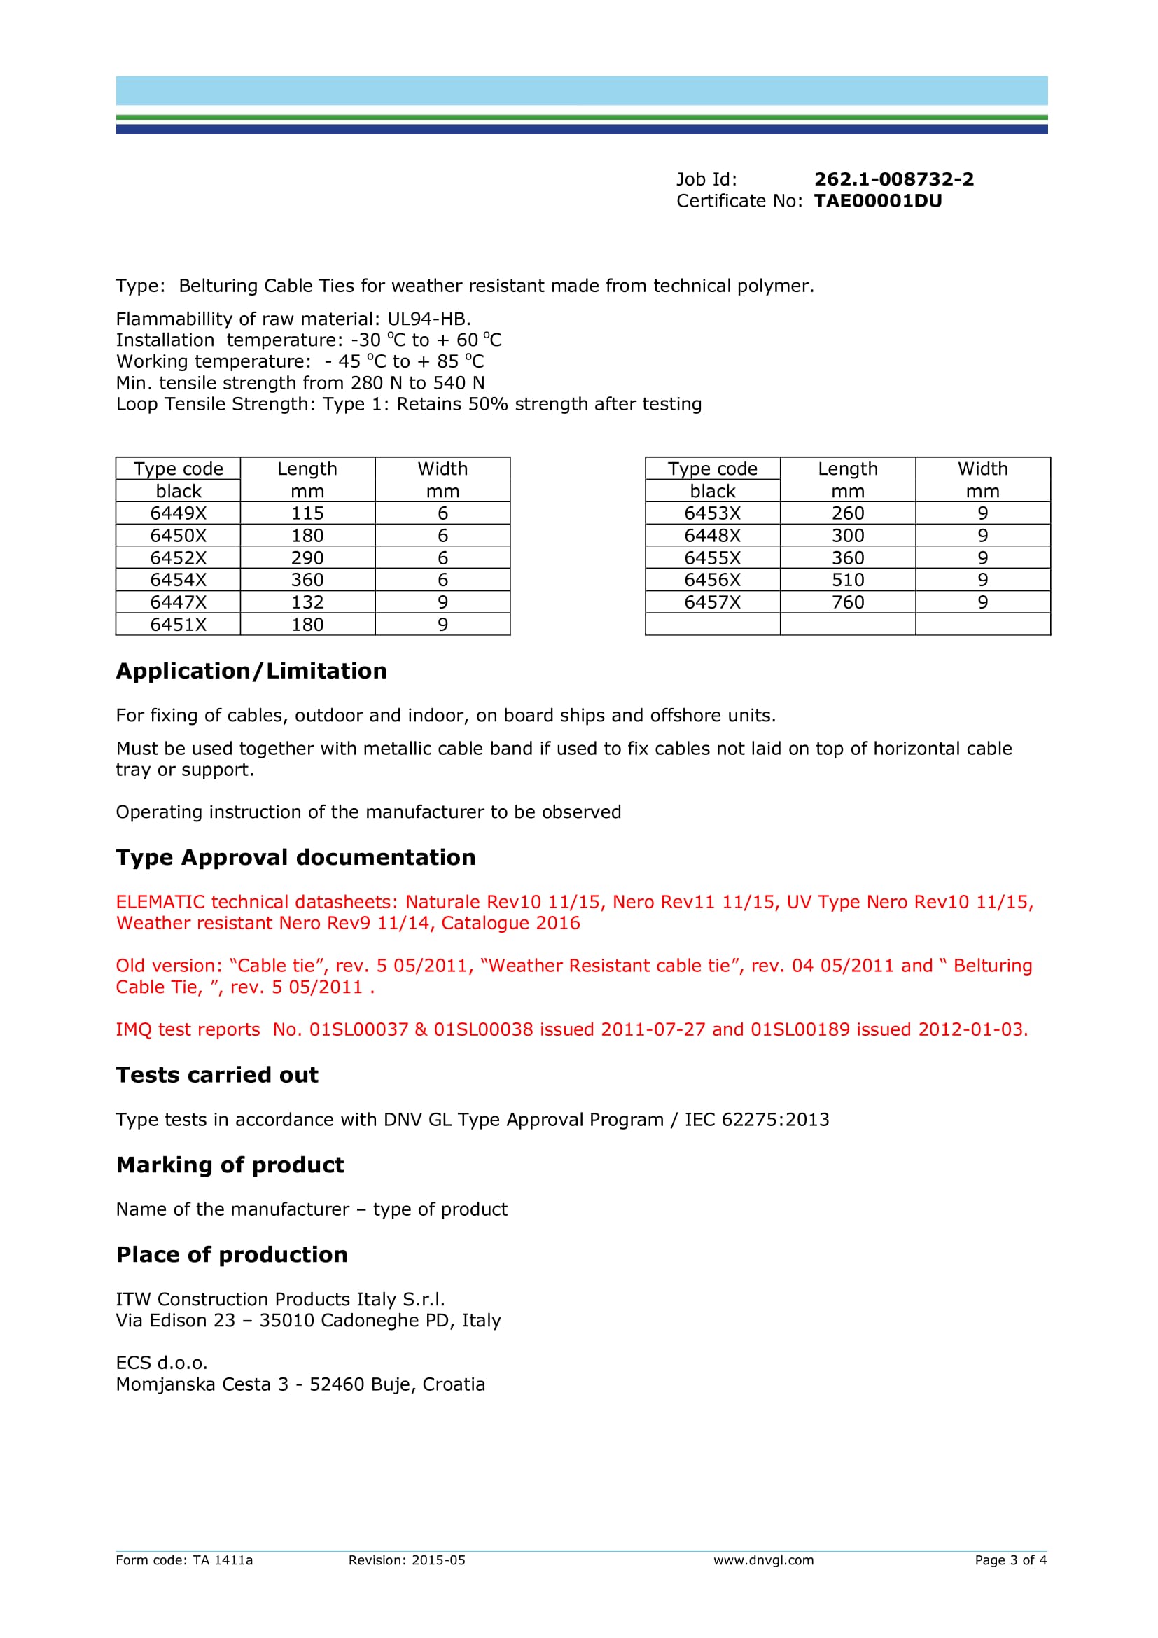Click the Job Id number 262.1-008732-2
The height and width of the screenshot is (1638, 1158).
pyautogui.click(x=893, y=179)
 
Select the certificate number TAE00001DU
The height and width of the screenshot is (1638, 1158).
pyautogui.click(x=878, y=201)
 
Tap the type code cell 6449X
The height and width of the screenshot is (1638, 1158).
pyautogui.click(x=179, y=513)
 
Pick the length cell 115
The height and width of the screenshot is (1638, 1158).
pyautogui.click(x=307, y=513)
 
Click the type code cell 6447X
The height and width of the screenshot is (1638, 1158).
pyautogui.click(x=179, y=602)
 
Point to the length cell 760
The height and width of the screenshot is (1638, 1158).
pyautogui.click(x=848, y=602)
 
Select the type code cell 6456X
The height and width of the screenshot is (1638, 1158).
pyautogui.click(x=712, y=580)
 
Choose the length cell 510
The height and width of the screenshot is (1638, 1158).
pyautogui.click(x=848, y=580)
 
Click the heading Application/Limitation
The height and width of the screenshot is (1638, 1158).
pyautogui.click(x=251, y=672)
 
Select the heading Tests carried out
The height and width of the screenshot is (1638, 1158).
pyautogui.click(x=217, y=1075)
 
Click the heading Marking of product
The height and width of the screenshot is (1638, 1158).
pyautogui.click(x=230, y=1165)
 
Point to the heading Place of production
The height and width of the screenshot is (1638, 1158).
pyautogui.click(x=232, y=1255)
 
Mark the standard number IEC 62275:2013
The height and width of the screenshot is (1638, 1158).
pyautogui.click(x=757, y=1120)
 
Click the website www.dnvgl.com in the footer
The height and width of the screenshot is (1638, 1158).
pyautogui.click(x=763, y=1560)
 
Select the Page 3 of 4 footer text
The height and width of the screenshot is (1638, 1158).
pyautogui.click(x=1010, y=1560)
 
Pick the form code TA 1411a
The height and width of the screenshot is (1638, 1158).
pyautogui.click(x=223, y=1560)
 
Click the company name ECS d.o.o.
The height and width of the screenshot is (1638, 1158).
pyautogui.click(x=162, y=1363)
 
